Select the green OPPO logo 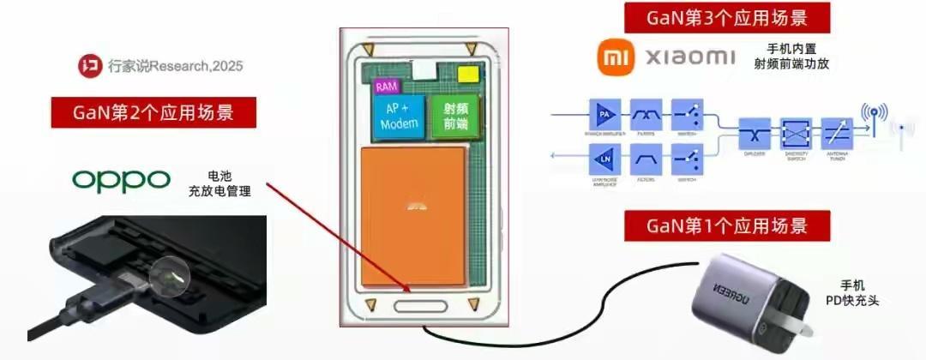(x=122, y=179)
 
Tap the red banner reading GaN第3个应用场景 (x=728, y=17)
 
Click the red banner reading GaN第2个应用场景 (x=153, y=112)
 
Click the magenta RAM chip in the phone (x=387, y=87)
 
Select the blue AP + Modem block (x=400, y=117)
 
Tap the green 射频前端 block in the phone (x=455, y=117)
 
